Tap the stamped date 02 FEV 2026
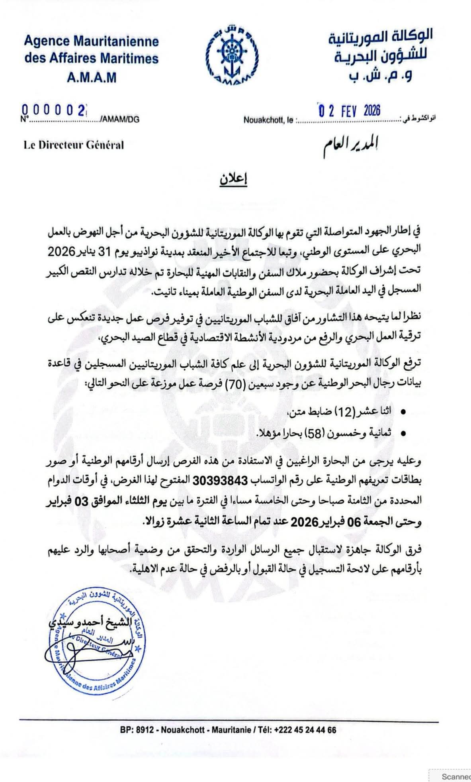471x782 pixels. (348, 110)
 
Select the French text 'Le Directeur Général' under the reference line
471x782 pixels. (73, 145)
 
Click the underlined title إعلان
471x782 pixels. (233, 180)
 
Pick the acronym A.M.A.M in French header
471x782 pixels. (92, 77)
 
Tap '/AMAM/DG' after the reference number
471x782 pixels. (119, 120)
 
